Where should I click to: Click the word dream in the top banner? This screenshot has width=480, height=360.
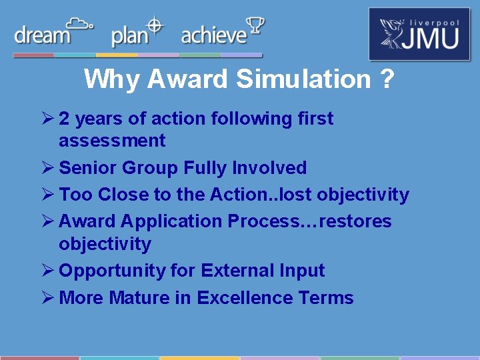(x=41, y=35)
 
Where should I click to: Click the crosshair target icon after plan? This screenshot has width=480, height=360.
(x=155, y=25)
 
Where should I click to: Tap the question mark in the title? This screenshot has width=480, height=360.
(x=387, y=79)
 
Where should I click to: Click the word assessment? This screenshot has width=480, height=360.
(x=112, y=141)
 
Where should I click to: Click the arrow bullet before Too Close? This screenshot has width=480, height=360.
(x=47, y=195)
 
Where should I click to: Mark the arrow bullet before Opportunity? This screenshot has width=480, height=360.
(x=47, y=271)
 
